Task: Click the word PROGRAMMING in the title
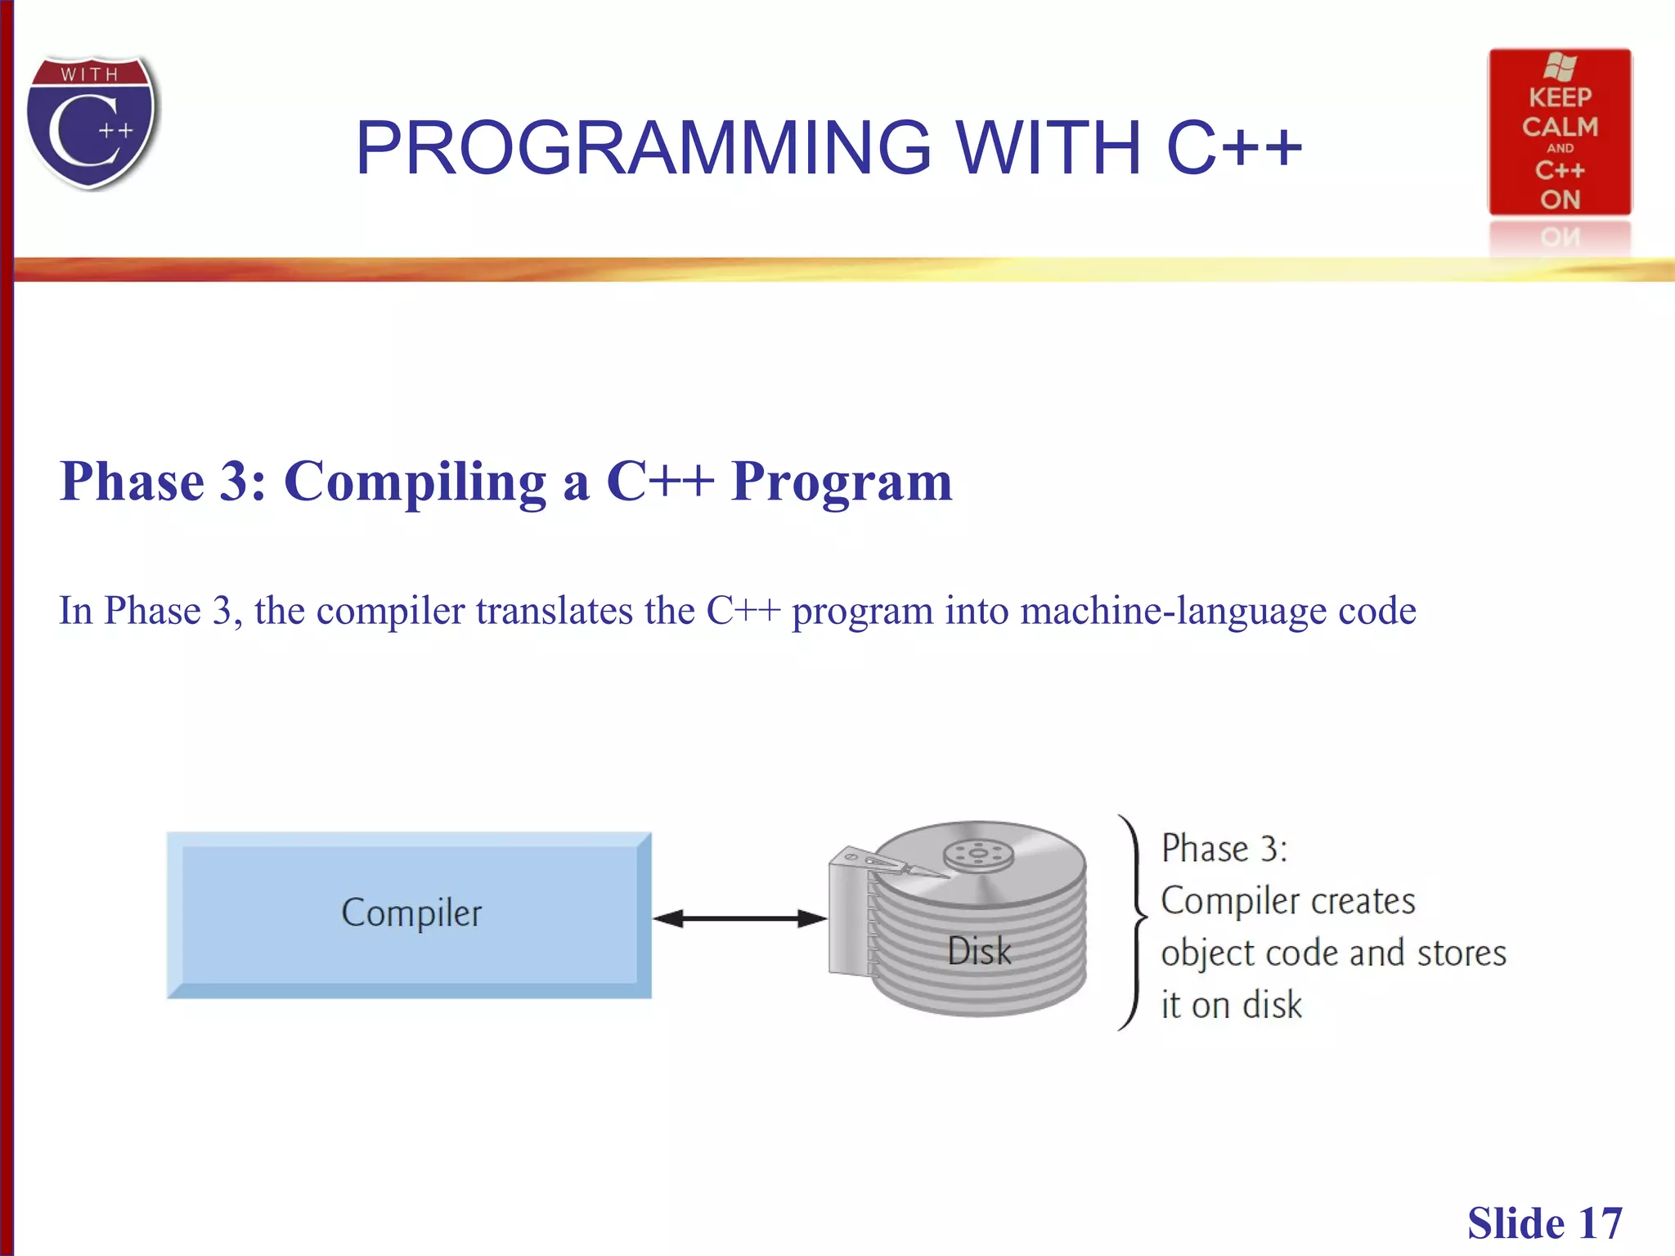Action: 643,148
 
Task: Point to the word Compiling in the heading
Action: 415,482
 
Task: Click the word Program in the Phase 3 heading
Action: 842,482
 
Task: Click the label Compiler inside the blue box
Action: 411,913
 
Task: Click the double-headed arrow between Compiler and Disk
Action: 740,918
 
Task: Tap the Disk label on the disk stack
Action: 979,951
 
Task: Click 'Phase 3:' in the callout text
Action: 1224,849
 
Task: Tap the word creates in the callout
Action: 1363,901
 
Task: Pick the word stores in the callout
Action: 1461,953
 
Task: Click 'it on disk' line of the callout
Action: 1231,1005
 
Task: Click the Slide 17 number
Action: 1544,1223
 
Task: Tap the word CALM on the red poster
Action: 1560,127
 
